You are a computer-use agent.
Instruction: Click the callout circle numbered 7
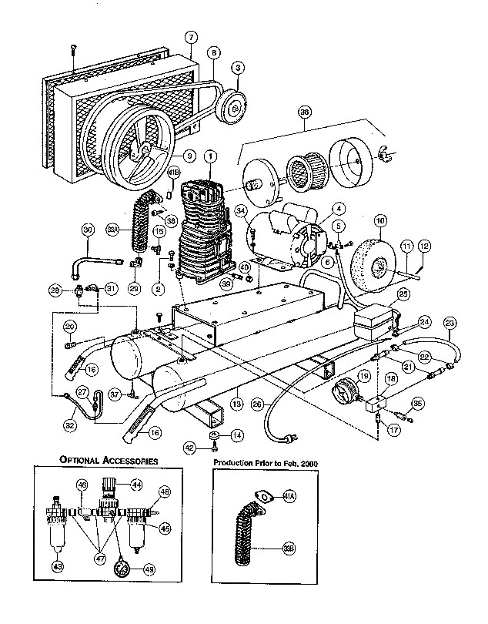point(191,37)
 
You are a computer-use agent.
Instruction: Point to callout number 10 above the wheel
point(379,220)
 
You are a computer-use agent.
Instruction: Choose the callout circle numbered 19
point(363,376)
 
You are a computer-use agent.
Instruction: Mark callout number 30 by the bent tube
point(87,230)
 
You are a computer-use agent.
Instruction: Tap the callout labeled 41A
point(267,497)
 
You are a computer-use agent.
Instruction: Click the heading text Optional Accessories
point(109,460)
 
